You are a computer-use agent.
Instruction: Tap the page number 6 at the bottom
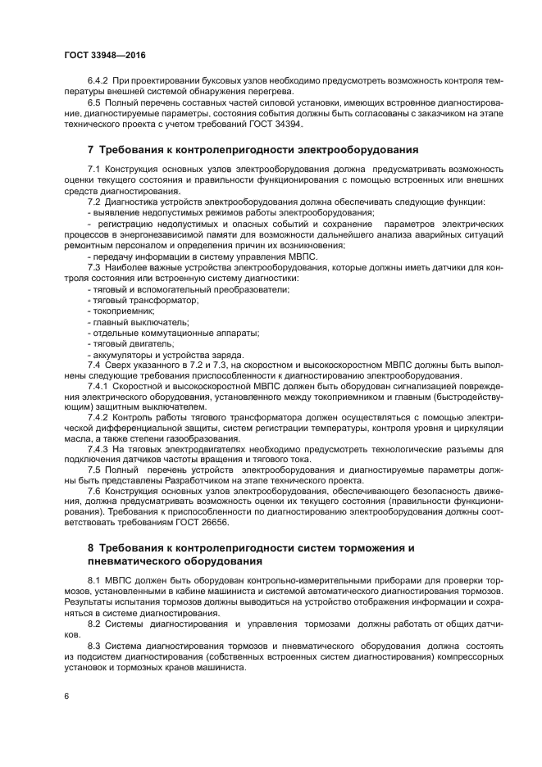coord(66,696)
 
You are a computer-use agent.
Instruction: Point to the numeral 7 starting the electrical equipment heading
coord(91,150)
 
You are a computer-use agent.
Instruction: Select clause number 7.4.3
coord(98,448)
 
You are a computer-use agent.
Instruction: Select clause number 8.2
coord(95,623)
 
